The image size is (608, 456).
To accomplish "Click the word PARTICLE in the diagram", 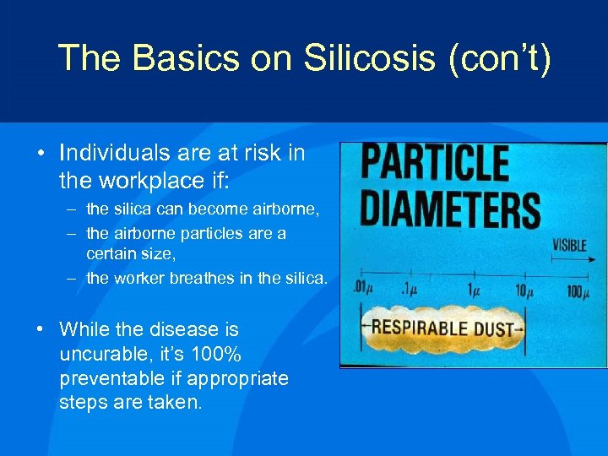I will (436, 163).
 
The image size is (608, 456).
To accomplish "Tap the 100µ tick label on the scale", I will (578, 292).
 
